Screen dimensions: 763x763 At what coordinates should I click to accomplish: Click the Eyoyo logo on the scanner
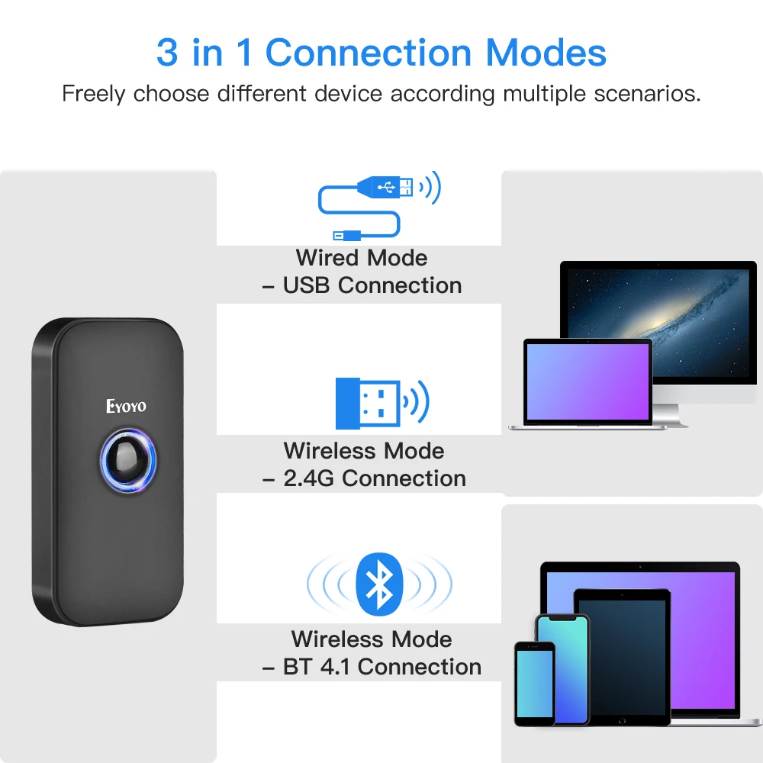[126, 406]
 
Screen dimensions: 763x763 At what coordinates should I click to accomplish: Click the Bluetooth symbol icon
[378, 584]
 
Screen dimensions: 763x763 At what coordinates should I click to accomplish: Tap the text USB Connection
[372, 285]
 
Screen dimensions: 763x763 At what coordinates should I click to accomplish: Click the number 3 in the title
[166, 53]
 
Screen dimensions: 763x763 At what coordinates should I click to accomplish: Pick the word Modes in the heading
[546, 53]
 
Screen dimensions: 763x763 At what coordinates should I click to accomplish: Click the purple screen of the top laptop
[588, 378]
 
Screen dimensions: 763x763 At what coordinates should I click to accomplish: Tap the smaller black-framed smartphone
[534, 684]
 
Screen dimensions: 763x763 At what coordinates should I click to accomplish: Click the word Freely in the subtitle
[95, 95]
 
